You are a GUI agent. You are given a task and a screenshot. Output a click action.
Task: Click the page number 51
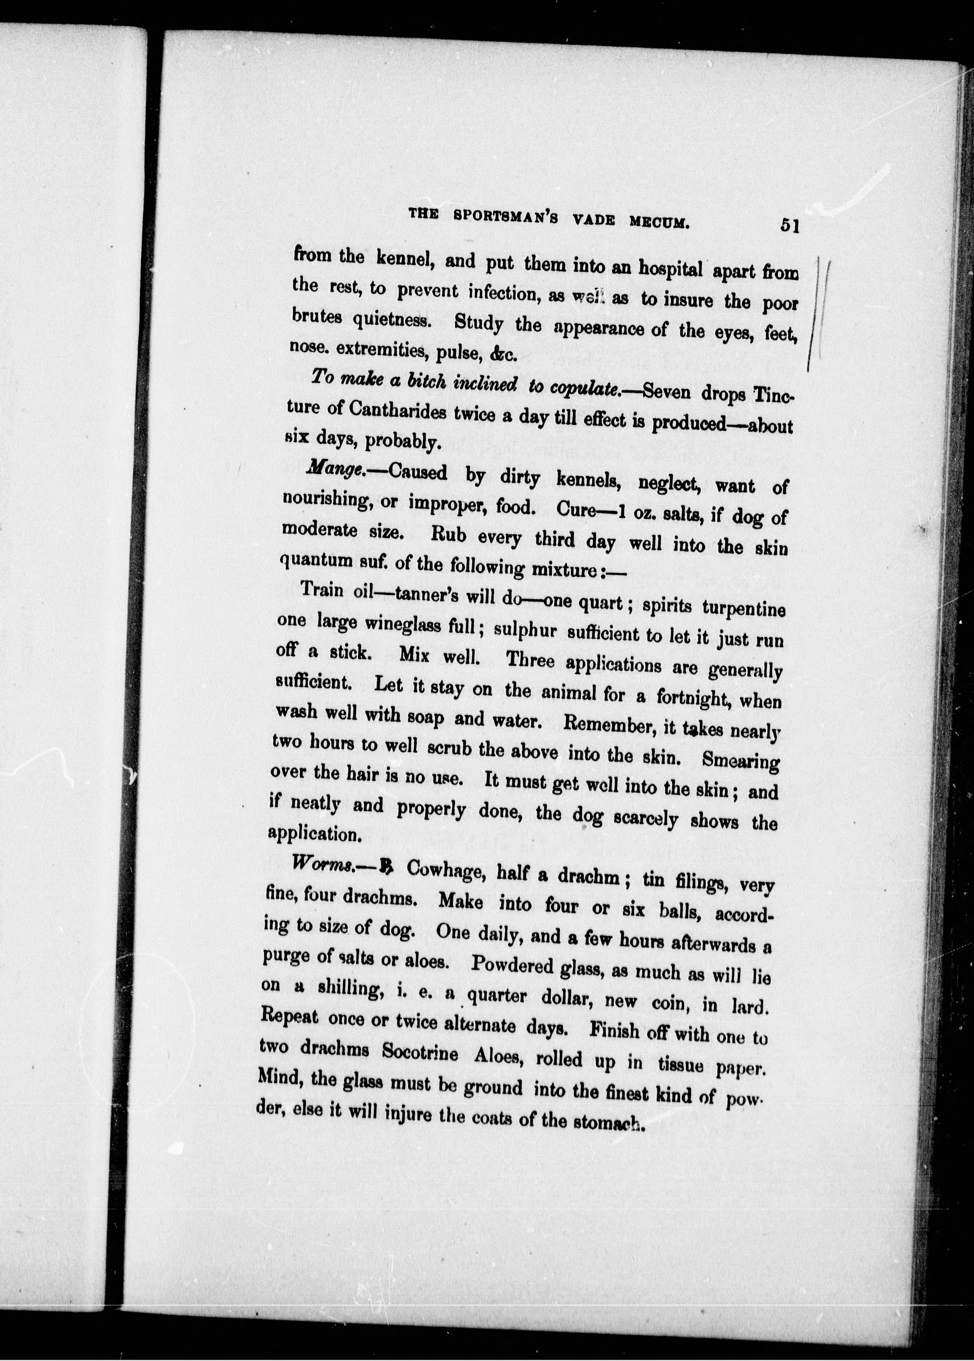pos(789,226)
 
